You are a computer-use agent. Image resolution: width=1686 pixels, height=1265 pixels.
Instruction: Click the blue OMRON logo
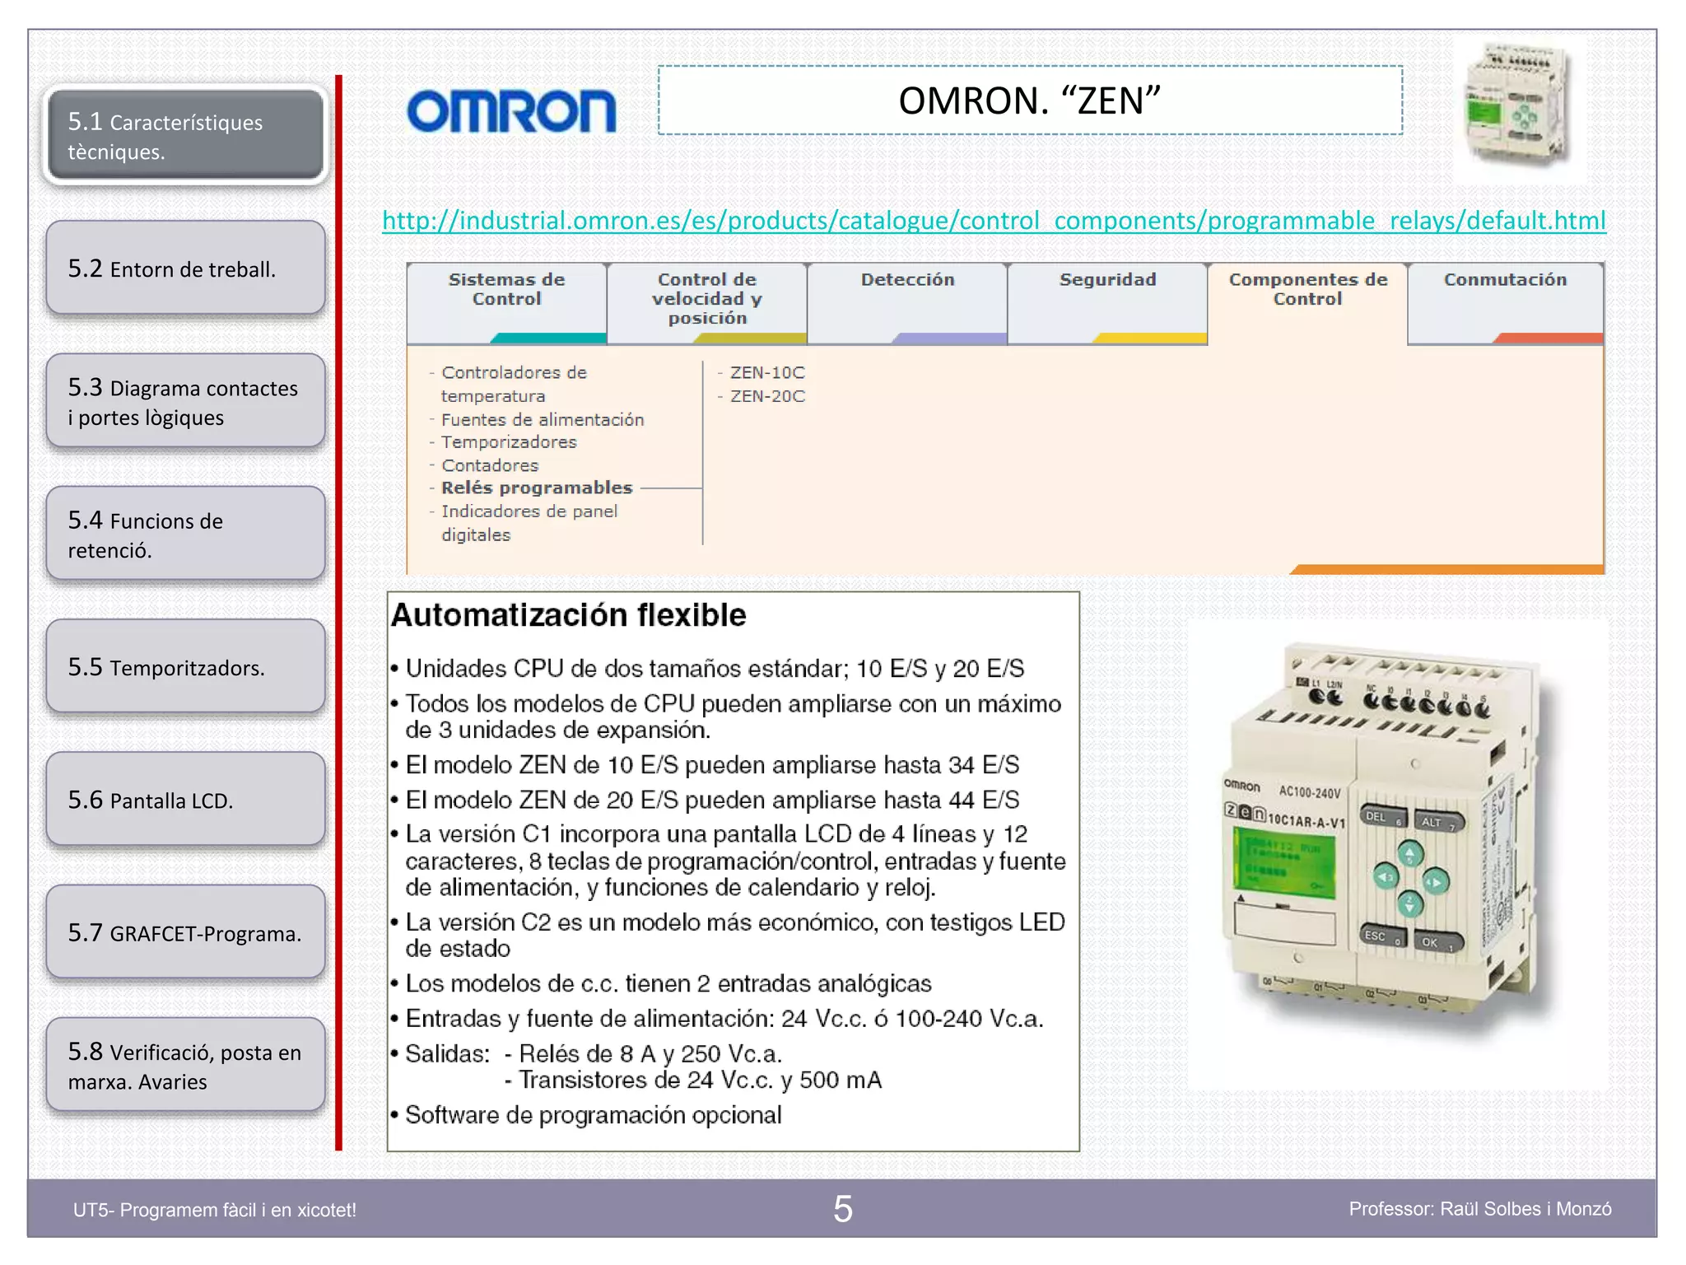point(511,110)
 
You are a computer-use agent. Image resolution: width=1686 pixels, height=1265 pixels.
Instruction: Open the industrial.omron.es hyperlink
point(994,221)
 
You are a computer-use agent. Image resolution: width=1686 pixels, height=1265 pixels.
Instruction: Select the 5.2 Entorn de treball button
point(186,268)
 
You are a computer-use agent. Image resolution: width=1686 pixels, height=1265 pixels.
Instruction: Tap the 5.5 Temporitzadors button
point(186,667)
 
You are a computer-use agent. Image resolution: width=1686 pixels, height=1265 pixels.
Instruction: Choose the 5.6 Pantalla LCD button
point(186,800)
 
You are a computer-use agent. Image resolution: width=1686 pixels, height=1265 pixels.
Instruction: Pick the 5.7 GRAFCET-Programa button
point(186,932)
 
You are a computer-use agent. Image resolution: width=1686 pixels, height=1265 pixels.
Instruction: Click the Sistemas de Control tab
point(506,290)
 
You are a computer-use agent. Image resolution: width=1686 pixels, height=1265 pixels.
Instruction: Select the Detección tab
point(907,281)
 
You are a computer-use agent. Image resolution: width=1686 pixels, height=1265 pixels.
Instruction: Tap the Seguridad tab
point(1107,281)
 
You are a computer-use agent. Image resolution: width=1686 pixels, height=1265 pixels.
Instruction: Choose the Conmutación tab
point(1505,281)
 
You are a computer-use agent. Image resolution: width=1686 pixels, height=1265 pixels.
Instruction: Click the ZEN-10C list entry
point(766,373)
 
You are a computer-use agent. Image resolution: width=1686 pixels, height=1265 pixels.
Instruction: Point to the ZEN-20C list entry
point(766,397)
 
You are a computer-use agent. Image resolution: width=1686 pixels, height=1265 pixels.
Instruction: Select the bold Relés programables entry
point(537,488)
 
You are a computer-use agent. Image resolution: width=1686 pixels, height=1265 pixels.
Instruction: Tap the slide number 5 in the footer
point(842,1209)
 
